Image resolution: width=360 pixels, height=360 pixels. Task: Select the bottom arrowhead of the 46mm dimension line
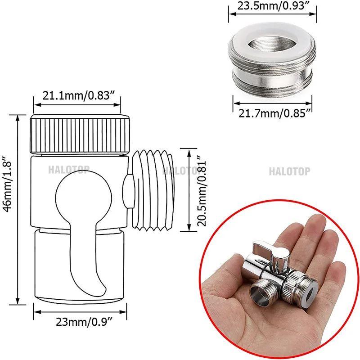[x=18, y=304]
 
